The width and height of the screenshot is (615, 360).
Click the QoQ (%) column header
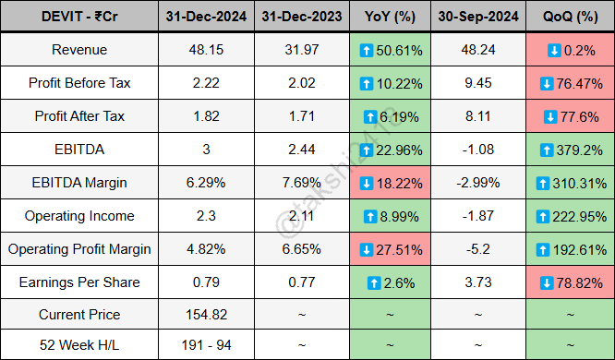tap(566, 16)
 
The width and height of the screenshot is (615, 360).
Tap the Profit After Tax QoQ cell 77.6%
tap(566, 116)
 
